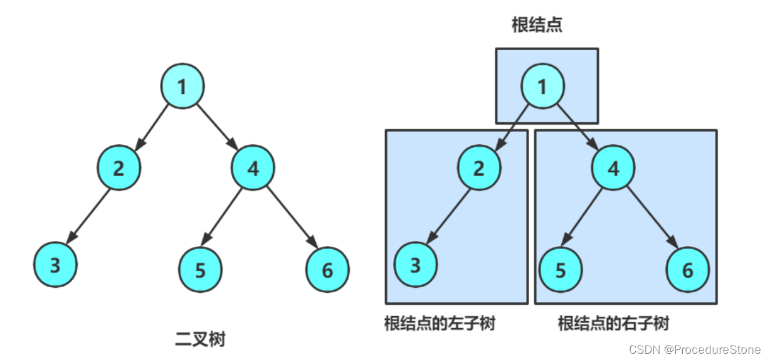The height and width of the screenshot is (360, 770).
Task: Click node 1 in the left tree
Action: [182, 87]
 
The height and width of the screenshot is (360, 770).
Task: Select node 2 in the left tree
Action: [119, 167]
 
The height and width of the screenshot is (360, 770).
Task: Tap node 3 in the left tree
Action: [55, 265]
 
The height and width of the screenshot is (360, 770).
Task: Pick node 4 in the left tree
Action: [253, 167]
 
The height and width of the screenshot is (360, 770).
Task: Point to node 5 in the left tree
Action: [201, 270]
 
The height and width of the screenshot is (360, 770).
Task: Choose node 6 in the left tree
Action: [327, 270]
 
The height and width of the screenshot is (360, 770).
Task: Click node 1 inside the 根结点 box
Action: [543, 87]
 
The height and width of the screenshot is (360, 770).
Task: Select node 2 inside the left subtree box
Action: [480, 167]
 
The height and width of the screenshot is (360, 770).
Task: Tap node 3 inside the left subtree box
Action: [416, 265]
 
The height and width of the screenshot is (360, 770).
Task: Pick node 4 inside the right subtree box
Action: [614, 167]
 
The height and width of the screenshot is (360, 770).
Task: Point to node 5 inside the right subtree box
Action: [561, 270]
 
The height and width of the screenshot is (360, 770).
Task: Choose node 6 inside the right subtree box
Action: [688, 270]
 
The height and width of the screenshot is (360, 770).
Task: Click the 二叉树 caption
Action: [200, 340]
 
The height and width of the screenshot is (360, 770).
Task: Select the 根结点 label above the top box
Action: [537, 25]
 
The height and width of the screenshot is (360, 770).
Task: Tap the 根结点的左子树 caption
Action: [440, 324]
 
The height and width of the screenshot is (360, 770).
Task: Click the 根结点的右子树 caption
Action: [613, 324]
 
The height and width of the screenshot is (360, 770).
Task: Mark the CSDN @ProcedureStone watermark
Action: [695, 349]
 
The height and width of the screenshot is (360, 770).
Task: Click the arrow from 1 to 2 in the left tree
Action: [152, 125]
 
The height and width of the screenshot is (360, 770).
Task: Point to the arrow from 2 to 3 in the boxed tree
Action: [448, 216]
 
